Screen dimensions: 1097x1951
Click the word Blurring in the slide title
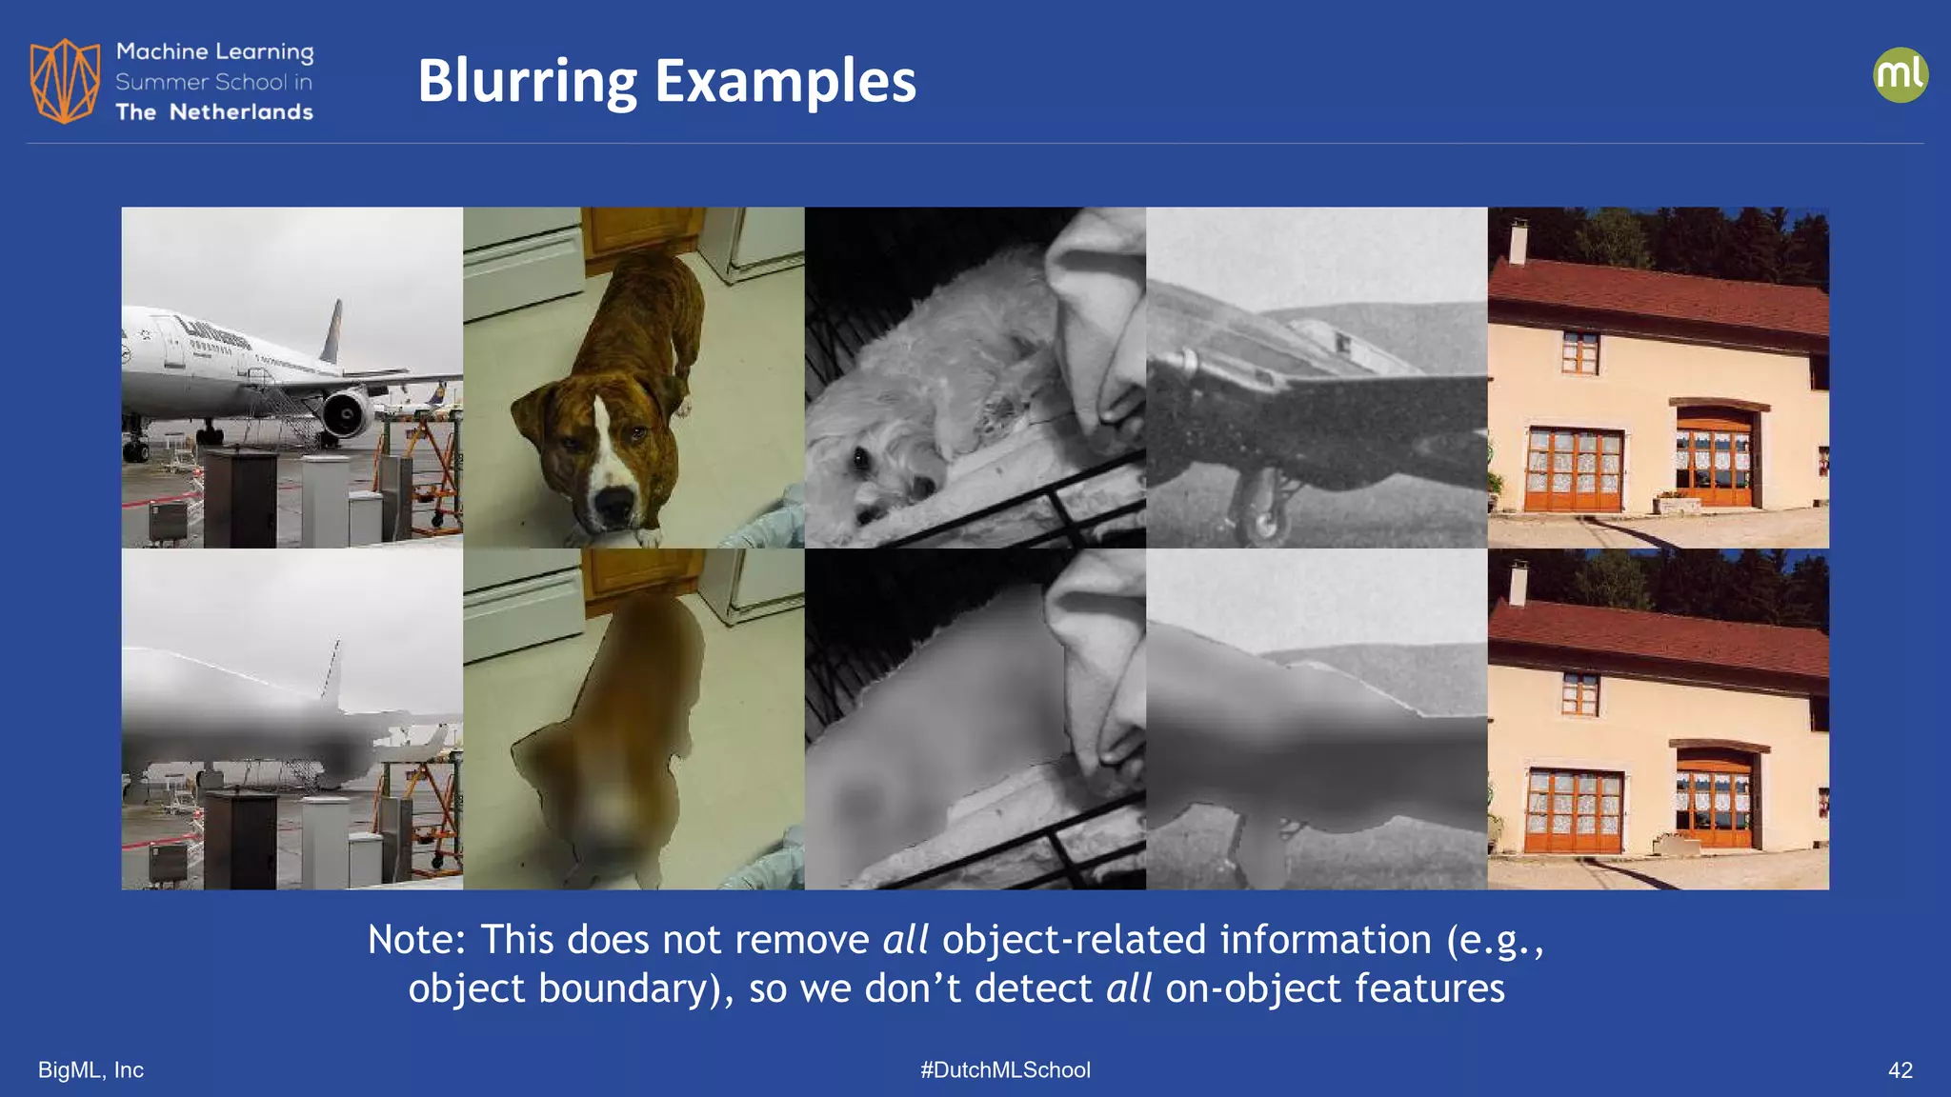click(x=527, y=82)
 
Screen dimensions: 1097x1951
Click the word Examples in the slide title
click(x=785, y=82)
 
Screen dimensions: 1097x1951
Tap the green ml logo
click(x=1900, y=75)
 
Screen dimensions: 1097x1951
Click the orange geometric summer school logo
click(x=65, y=81)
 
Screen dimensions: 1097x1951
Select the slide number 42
click(x=1900, y=1070)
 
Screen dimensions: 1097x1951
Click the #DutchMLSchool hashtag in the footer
click(x=1005, y=1070)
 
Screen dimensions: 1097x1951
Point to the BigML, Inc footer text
click(x=91, y=1070)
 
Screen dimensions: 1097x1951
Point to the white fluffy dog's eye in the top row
click(x=861, y=460)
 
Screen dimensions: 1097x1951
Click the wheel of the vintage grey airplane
click(x=1263, y=524)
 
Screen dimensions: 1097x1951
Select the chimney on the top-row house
click(x=1518, y=242)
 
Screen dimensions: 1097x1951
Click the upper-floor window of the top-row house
click(x=1579, y=352)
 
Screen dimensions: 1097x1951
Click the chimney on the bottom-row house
click(x=1518, y=584)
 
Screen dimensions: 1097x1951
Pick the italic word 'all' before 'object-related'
click(x=905, y=940)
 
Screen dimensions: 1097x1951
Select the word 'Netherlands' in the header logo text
click(x=241, y=112)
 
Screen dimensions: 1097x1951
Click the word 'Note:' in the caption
click(x=416, y=940)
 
